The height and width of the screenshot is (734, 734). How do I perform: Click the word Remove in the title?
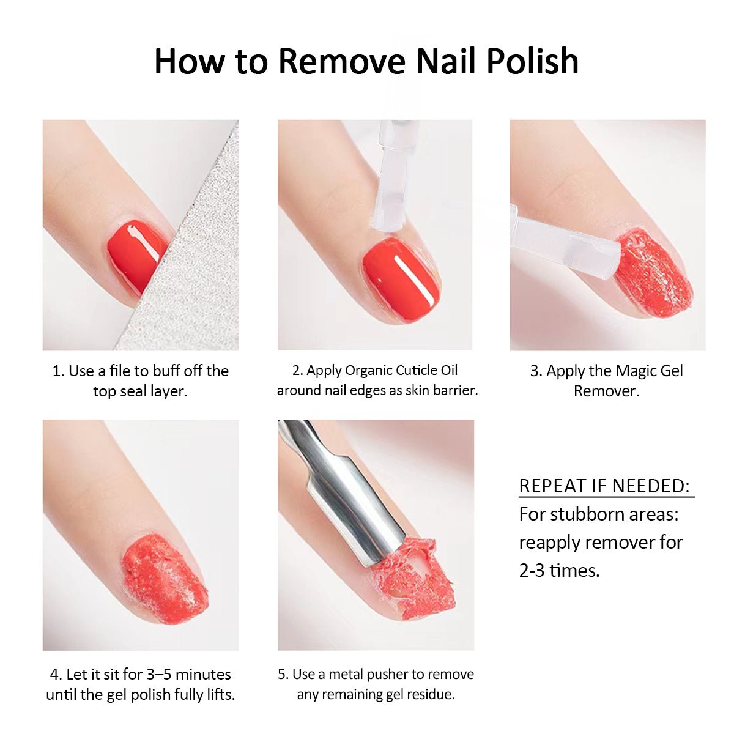tap(342, 61)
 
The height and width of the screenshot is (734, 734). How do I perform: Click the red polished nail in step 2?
tap(402, 280)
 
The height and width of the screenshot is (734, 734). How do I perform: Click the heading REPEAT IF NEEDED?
tap(604, 486)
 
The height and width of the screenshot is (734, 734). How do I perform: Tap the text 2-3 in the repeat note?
tap(532, 571)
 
